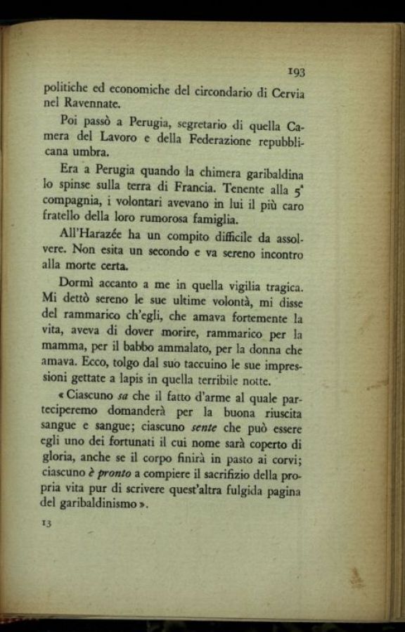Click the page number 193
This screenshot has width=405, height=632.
pyautogui.click(x=296, y=71)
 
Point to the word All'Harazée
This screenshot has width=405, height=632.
pyautogui.click(x=79, y=236)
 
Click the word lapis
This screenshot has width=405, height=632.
pyautogui.click(x=131, y=380)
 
